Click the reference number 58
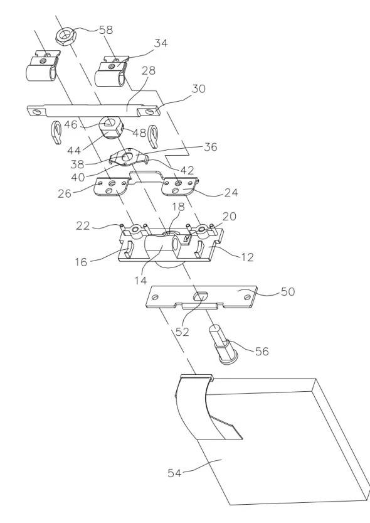click(x=106, y=30)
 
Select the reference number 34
click(x=161, y=43)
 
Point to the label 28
click(x=149, y=71)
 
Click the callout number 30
click(x=198, y=89)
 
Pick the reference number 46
click(x=71, y=124)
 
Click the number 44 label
click(x=74, y=151)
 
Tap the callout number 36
click(x=210, y=147)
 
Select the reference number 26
click(x=65, y=193)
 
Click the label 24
click(x=231, y=192)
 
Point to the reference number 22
click(x=83, y=226)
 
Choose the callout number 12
click(x=247, y=257)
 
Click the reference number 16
click(x=81, y=262)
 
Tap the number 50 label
click(x=288, y=291)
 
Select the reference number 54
click(x=174, y=473)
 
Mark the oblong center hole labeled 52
click(x=199, y=296)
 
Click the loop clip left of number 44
click(x=56, y=132)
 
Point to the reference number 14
click(x=141, y=281)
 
